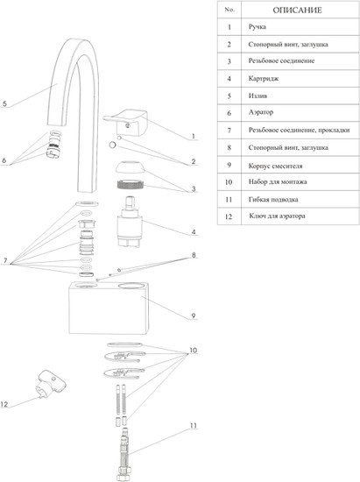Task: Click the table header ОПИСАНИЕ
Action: tap(297, 11)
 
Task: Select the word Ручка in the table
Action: tap(258, 27)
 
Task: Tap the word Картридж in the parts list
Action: tap(264, 79)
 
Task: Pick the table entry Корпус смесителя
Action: tap(275, 166)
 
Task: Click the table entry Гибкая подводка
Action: tap(273, 200)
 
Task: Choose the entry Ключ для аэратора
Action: tap(277, 216)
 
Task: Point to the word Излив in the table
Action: tap(258, 96)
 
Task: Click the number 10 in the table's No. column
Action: tap(229, 182)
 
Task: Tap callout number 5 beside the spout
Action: tap(4, 103)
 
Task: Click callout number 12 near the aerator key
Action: tap(4, 404)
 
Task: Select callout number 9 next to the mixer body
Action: tap(194, 315)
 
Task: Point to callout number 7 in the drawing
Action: tap(5, 261)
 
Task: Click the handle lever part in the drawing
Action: tap(126, 123)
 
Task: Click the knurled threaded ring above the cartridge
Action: tap(131, 185)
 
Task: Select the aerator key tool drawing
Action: tap(52, 384)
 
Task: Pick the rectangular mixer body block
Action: tap(109, 308)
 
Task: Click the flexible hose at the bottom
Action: tap(124, 454)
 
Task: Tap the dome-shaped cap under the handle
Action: tap(131, 167)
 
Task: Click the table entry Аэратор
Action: tap(261, 112)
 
